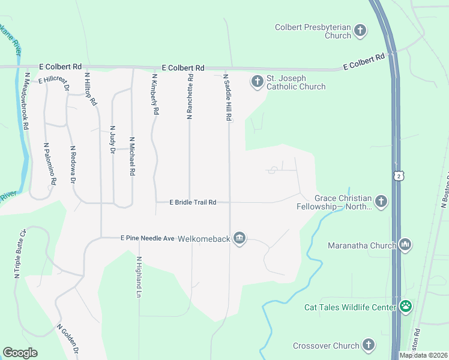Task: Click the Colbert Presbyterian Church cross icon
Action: [360, 30]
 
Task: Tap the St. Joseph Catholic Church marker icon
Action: [258, 81]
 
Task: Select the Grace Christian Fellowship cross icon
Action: [381, 201]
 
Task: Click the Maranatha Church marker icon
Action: [405, 244]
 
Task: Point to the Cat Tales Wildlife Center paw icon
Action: [406, 307]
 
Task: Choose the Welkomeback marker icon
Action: [240, 238]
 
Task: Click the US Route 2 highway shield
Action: [397, 175]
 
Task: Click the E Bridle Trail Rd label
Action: [193, 203]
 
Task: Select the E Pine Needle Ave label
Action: [142, 238]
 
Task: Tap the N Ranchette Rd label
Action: [190, 96]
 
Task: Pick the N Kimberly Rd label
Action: [155, 94]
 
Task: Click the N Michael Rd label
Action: [132, 155]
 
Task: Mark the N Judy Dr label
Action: [112, 140]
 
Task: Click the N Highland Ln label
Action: [139, 278]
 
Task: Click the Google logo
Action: [20, 352]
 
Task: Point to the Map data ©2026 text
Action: [422, 355]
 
